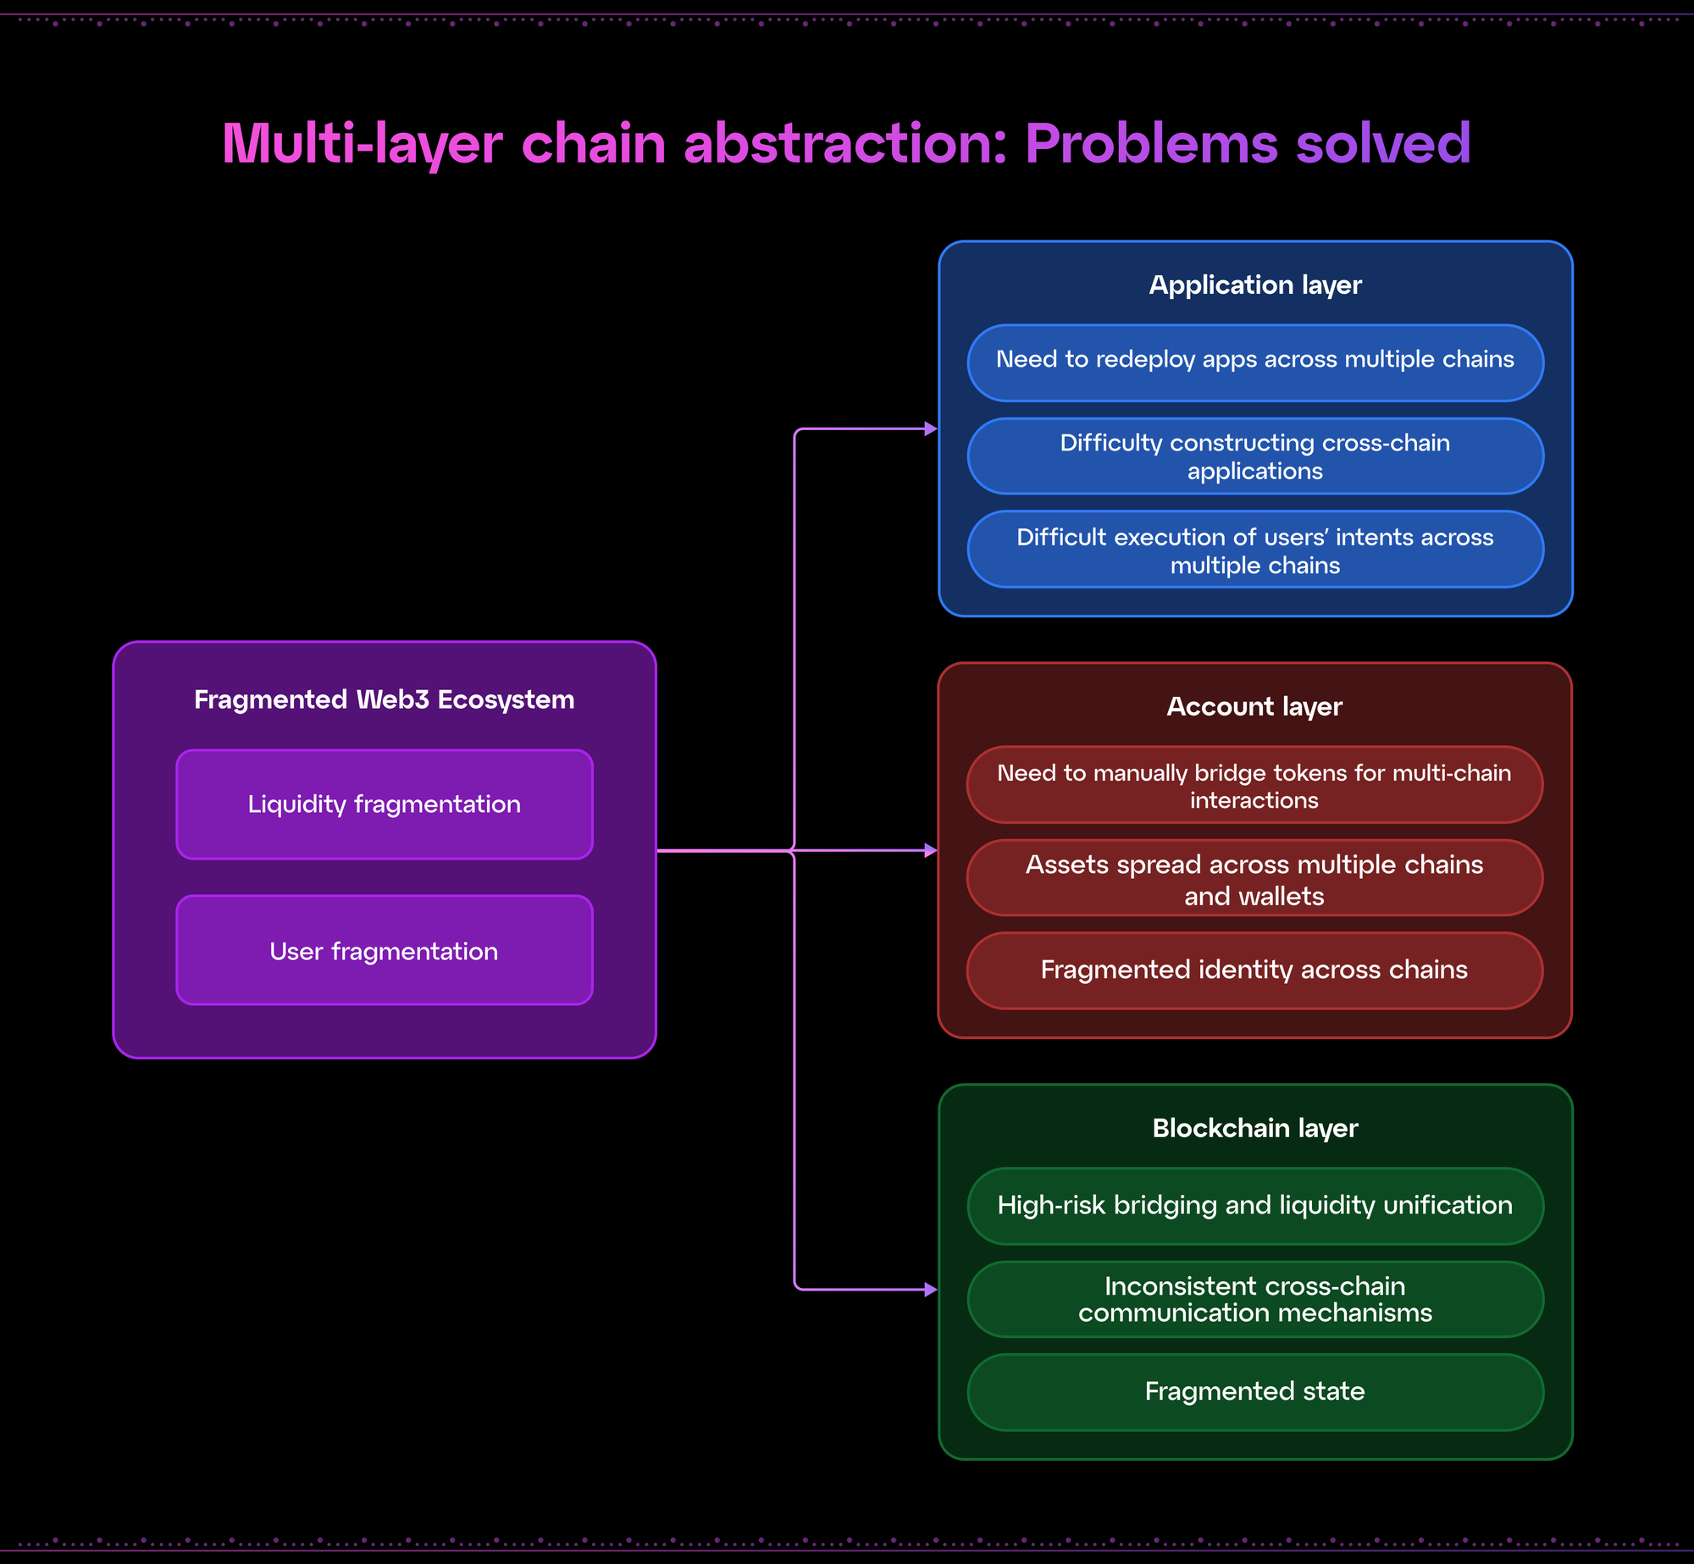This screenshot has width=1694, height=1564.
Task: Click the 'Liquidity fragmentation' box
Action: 385,804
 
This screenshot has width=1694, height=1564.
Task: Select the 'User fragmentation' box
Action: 385,950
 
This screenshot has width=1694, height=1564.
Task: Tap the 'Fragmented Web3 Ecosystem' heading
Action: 385,699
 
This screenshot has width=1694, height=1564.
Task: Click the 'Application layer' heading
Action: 1255,285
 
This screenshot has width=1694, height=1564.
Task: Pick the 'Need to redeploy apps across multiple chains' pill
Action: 1255,362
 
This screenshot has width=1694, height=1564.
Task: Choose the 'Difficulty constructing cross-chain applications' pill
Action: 1255,456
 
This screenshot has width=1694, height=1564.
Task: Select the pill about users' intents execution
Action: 1255,550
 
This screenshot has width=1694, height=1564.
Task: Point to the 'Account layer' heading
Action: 1254,707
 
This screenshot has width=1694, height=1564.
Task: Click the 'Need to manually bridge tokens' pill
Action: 1254,785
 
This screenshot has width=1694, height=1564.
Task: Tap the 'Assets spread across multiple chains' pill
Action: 1254,878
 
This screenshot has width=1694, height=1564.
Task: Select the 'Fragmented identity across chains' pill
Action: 1254,970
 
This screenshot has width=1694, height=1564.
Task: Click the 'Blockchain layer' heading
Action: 1255,1129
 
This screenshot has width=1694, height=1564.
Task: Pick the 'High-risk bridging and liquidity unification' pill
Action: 1255,1206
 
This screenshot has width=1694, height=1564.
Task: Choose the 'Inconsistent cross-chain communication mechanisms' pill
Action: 1255,1299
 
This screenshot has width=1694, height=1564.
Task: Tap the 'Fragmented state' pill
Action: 1255,1392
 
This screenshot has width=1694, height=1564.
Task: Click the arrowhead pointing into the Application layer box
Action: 931,429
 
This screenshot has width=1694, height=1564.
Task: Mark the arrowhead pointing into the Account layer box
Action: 931,850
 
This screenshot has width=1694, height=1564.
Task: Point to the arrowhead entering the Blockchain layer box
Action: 931,1290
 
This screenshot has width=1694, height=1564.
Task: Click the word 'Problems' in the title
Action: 1151,143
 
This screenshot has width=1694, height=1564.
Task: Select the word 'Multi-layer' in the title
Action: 363,144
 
